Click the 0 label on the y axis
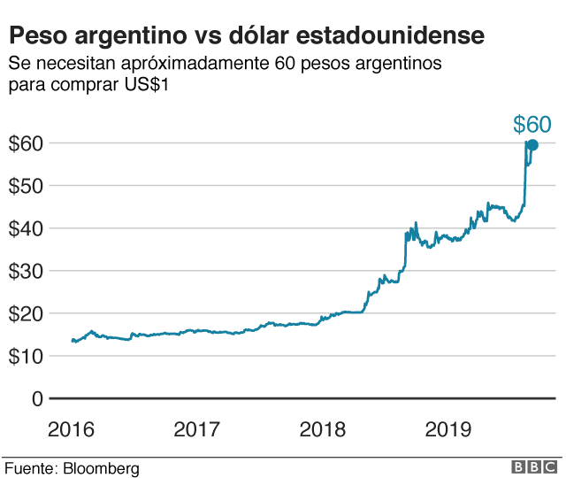[36, 398]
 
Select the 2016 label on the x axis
[71, 430]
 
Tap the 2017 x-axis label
[196, 430]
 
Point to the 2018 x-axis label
[323, 430]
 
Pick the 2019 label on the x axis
[448, 430]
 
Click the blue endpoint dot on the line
[532, 144]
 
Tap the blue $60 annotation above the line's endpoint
[532, 125]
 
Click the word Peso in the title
[38, 36]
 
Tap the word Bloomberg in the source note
[102, 467]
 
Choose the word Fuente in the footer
[30, 467]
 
